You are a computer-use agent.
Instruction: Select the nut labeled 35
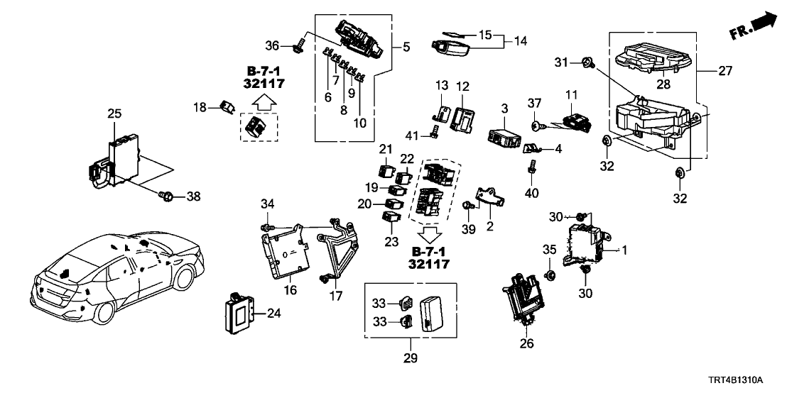click(x=549, y=274)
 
